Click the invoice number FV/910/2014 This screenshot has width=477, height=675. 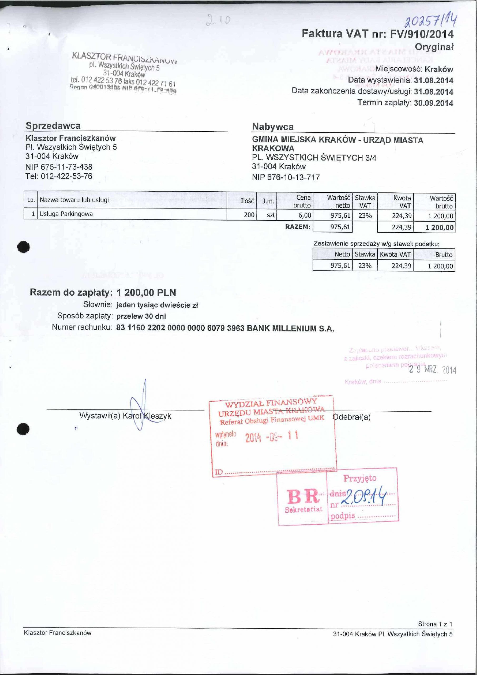pos(421,34)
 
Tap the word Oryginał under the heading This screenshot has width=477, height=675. pos(434,47)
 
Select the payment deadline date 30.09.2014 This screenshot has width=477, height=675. pos(433,103)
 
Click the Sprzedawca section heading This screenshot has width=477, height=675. pos(53,126)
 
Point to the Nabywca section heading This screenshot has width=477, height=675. pos(273,127)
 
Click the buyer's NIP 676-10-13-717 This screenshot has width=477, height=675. pos(286,177)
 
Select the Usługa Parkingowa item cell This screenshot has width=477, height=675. pos(66,214)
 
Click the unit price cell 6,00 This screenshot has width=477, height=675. pos(304,215)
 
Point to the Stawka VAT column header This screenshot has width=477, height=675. pos(365,201)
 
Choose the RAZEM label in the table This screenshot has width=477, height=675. pos(298,227)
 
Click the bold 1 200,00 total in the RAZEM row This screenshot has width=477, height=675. pos(439,227)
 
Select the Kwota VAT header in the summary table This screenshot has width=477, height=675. pos(395,254)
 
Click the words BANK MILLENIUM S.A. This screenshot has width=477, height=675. pos(291,328)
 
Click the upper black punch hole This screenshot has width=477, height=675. pos(23,247)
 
